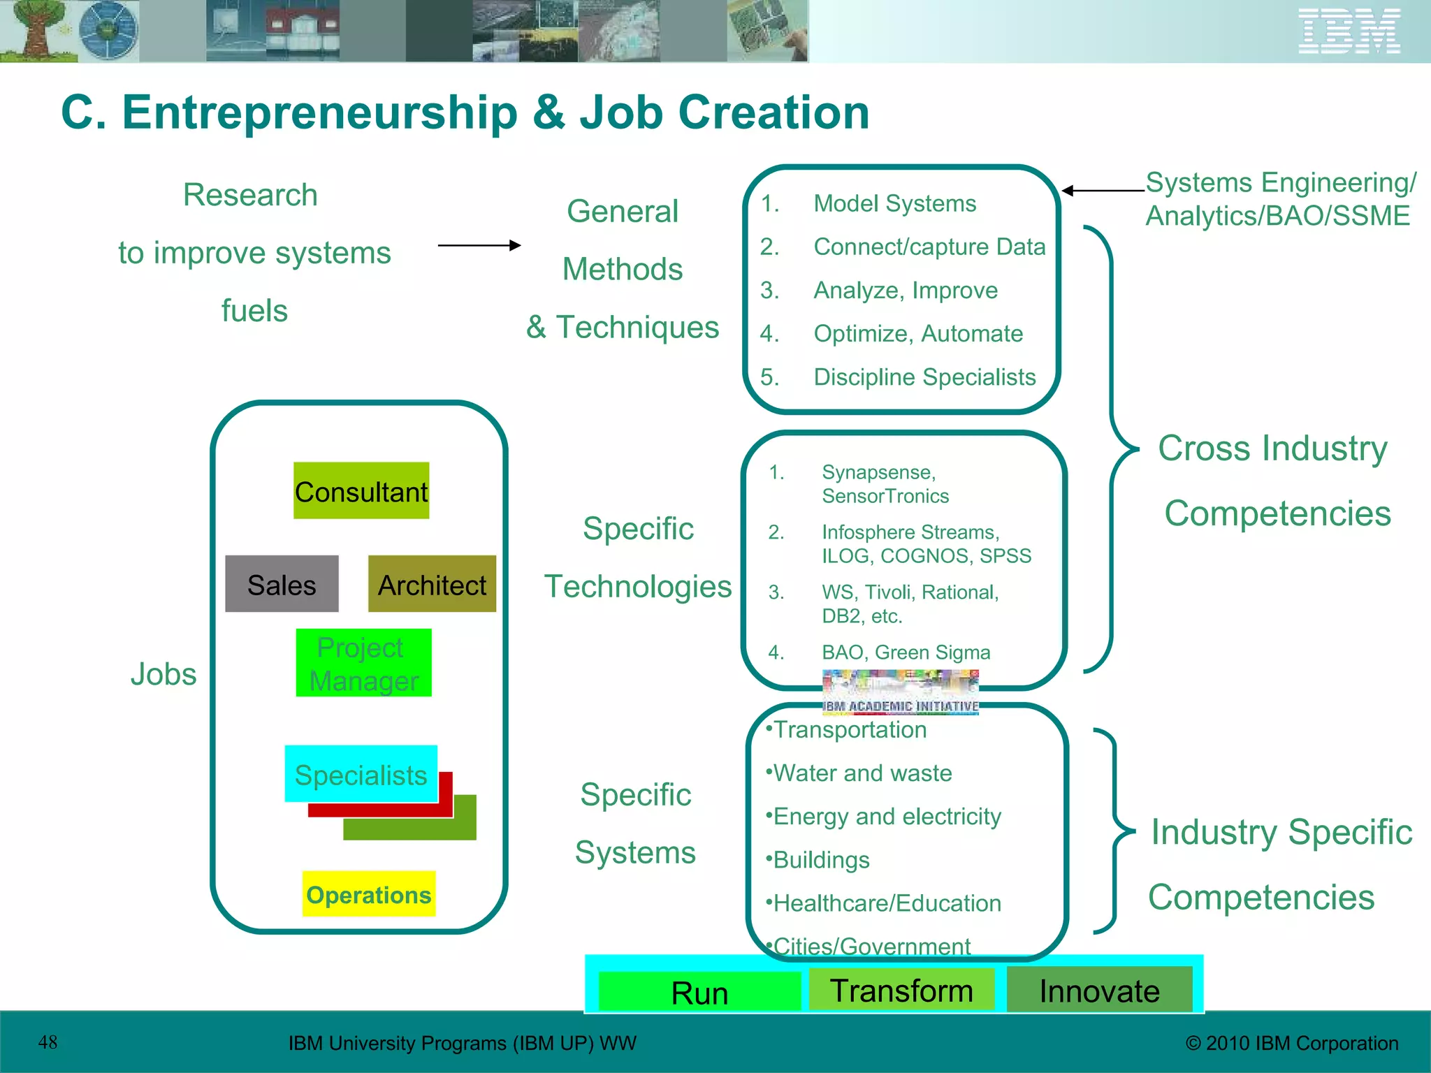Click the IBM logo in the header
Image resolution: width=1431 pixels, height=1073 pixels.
pyautogui.click(x=1349, y=31)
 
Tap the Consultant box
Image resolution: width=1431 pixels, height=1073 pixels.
pyautogui.click(x=361, y=490)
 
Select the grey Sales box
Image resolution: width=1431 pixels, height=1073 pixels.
pyautogui.click(x=282, y=584)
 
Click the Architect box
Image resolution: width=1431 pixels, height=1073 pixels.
pyautogui.click(x=432, y=584)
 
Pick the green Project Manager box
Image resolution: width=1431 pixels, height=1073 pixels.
pyautogui.click(x=363, y=663)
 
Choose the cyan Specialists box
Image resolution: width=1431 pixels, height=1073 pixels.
pyautogui.click(x=361, y=774)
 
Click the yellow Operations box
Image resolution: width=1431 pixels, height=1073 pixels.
pyautogui.click(x=368, y=893)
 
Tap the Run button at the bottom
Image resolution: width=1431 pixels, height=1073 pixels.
pyautogui.click(x=699, y=991)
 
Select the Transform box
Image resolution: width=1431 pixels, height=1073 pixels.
pyautogui.click(x=901, y=989)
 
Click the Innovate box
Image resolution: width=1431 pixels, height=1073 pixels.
pyautogui.click(x=1099, y=990)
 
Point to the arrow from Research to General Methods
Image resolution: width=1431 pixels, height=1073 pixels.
pyautogui.click(x=479, y=245)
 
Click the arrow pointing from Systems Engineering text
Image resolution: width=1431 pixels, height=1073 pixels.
pyautogui.click(x=1103, y=190)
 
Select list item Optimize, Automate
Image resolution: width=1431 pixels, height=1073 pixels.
pyautogui.click(x=917, y=333)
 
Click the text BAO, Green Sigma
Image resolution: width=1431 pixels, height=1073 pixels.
pyautogui.click(x=906, y=652)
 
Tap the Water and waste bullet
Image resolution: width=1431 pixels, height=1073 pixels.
pyautogui.click(x=862, y=773)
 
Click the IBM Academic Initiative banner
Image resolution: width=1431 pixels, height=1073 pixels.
pyautogui.click(x=900, y=692)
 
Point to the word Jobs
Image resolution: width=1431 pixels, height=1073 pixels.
pyautogui.click(x=164, y=674)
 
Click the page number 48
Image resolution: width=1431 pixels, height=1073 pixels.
pyautogui.click(x=48, y=1042)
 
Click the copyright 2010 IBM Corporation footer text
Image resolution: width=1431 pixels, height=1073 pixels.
pyautogui.click(x=1292, y=1043)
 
